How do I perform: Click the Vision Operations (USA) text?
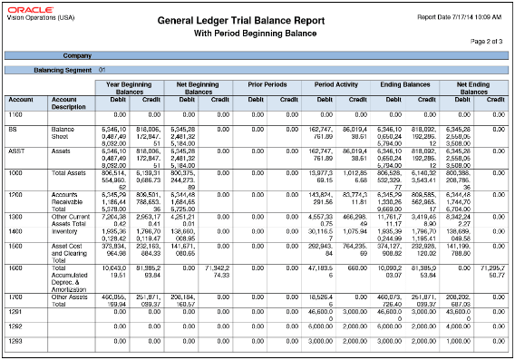click(x=32, y=22)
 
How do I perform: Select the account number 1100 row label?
click(x=16, y=114)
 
